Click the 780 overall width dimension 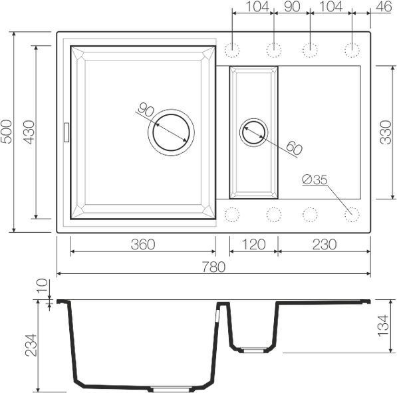tap(213, 267)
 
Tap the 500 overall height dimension tap(6, 132)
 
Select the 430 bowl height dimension tap(29, 132)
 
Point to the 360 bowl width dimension tap(143, 244)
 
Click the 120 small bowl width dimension tap(254, 244)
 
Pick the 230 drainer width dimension tap(325, 244)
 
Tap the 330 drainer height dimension tap(386, 132)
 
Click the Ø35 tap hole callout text tap(315, 180)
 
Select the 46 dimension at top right tap(384, 7)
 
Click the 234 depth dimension tap(31, 345)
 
